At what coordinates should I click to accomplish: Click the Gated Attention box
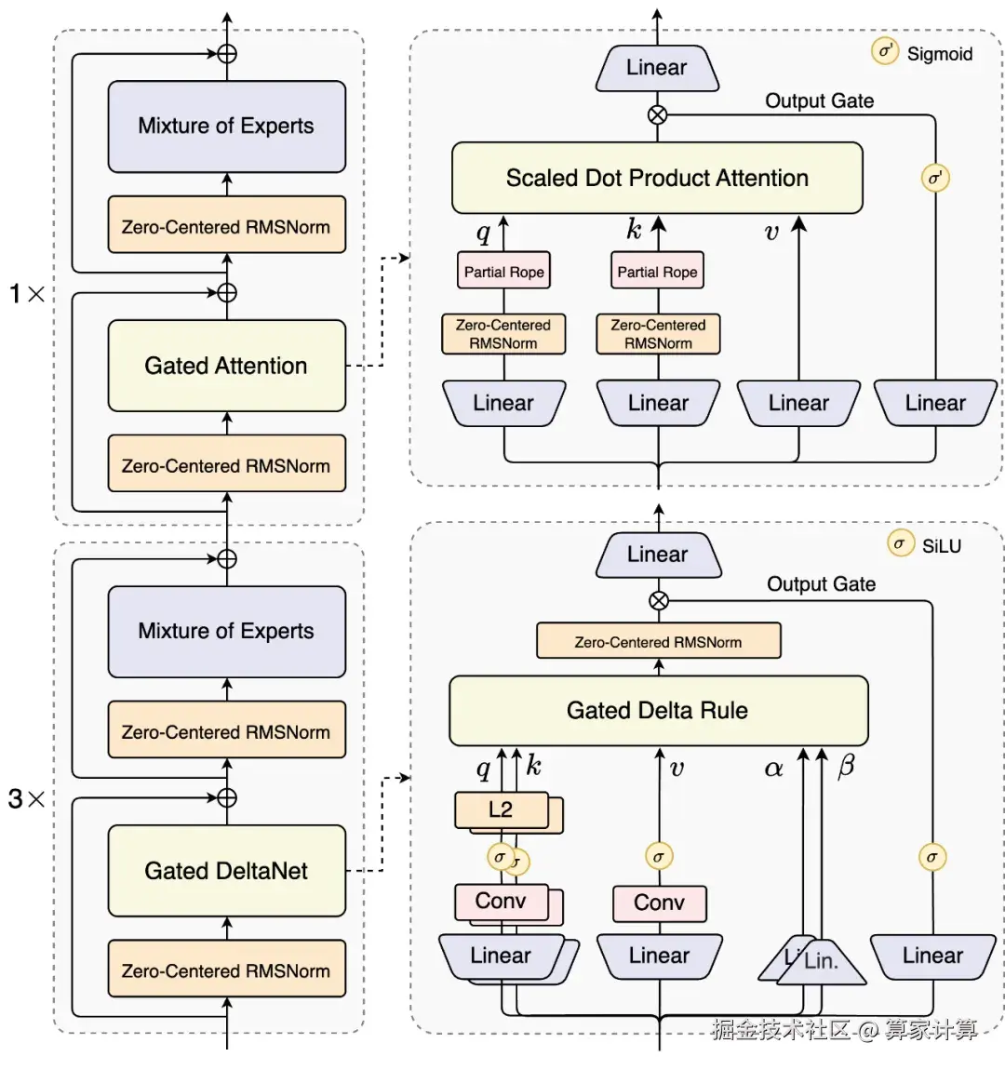[x=226, y=366]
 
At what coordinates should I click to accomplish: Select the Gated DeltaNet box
[x=226, y=871]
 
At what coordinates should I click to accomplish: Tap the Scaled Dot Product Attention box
[x=657, y=178]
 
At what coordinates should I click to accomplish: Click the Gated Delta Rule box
[x=659, y=710]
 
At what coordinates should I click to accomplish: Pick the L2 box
[x=502, y=810]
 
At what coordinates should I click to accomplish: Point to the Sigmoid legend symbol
[x=885, y=51]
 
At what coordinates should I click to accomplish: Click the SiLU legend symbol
[x=900, y=544]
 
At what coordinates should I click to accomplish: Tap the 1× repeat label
[x=27, y=294]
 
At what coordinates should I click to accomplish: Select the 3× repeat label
[x=27, y=798]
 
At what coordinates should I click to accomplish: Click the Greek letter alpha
[x=773, y=769]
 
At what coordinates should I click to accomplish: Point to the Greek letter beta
[x=846, y=767]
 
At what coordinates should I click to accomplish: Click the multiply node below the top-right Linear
[x=657, y=114]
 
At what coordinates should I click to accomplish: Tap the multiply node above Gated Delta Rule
[x=659, y=600]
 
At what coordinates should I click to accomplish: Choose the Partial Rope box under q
[x=503, y=272]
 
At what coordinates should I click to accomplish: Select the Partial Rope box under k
[x=657, y=272]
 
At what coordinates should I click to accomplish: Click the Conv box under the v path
[x=659, y=903]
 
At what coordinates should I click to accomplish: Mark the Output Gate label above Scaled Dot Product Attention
[x=820, y=101]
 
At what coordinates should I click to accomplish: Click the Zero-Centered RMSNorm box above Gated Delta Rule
[x=659, y=641]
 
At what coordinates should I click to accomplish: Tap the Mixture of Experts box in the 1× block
[x=226, y=127]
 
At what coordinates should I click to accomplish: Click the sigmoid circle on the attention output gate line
[x=935, y=178]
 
